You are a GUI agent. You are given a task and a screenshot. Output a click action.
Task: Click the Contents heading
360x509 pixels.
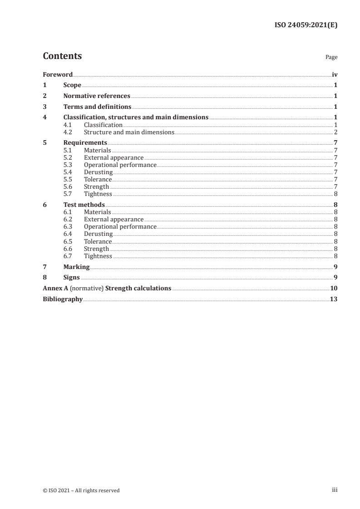[x=62, y=56]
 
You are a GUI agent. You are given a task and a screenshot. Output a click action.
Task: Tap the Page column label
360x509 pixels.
[x=331, y=58]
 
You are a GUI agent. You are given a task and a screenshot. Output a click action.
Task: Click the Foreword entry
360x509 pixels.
[x=58, y=74]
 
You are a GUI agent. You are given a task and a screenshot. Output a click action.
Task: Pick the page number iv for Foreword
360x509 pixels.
[x=335, y=74]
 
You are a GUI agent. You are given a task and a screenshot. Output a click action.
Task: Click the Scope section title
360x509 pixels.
[x=72, y=85]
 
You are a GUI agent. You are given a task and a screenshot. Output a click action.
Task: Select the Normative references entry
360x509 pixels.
[x=97, y=96]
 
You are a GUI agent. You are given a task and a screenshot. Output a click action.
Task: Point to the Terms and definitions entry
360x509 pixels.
[x=97, y=107]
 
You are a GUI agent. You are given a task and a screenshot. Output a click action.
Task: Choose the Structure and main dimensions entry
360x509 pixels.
[x=129, y=132]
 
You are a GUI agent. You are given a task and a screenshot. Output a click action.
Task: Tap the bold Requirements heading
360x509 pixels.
[x=85, y=143]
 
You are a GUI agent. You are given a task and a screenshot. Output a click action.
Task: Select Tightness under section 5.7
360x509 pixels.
[x=98, y=194]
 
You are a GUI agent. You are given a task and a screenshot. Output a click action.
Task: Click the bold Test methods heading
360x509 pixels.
[x=84, y=205]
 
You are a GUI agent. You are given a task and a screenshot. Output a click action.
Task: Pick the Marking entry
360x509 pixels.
[x=76, y=267]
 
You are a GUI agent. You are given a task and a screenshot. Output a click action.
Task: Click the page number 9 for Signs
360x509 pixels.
[x=335, y=278]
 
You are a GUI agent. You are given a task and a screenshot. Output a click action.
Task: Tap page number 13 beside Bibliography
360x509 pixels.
[x=334, y=299]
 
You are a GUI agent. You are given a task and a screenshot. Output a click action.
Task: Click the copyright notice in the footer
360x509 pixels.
[x=81, y=490]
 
